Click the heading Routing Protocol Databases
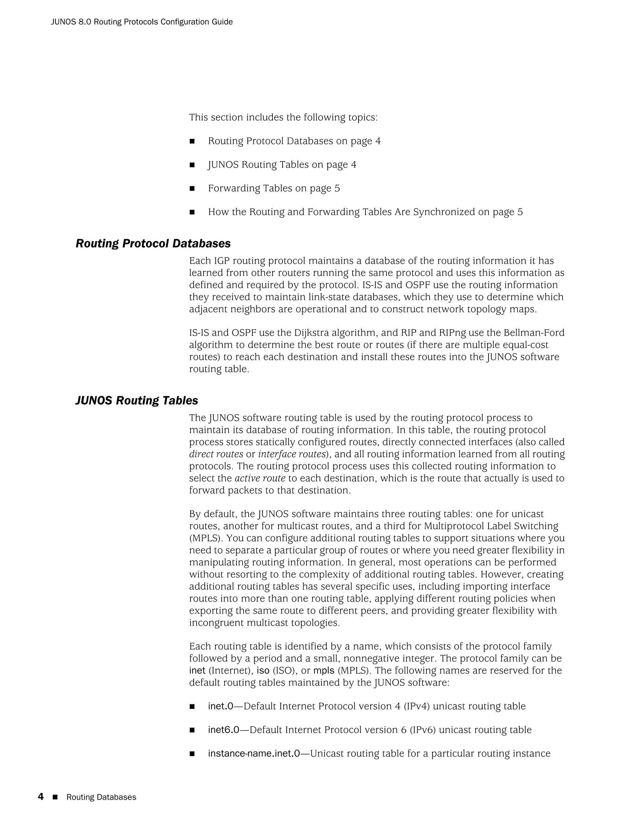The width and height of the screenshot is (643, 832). click(153, 243)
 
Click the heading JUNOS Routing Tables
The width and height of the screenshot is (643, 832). click(137, 400)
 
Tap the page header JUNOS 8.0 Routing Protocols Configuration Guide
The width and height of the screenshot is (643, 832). click(142, 22)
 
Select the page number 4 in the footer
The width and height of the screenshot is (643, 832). click(41, 797)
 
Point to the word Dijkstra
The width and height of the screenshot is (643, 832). click(311, 333)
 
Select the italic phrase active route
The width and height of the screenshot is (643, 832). click(260, 478)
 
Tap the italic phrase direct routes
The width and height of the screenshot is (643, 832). click(216, 454)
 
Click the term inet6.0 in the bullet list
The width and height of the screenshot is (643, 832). click(223, 730)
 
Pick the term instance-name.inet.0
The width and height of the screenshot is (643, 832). click(254, 754)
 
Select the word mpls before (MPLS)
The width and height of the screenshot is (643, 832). click(324, 671)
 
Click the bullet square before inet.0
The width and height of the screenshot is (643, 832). click(192, 707)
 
